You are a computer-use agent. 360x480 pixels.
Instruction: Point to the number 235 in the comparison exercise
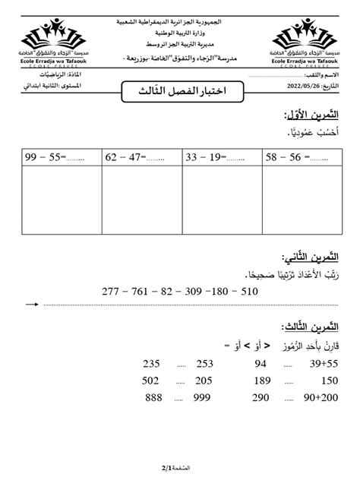(151, 363)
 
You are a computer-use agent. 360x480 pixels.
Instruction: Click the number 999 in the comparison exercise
(202, 398)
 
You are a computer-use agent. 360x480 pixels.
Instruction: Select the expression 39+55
(322, 363)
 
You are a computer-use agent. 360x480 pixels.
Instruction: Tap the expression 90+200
(320, 398)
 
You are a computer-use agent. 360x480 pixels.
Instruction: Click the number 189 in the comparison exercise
(262, 381)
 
